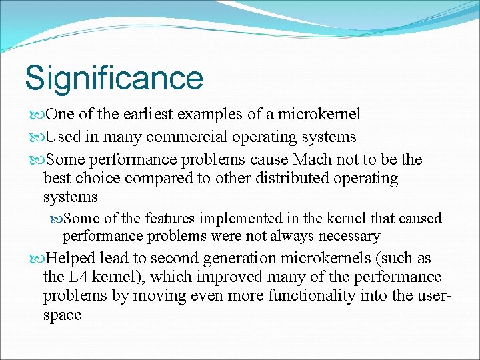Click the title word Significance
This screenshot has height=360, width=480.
pos(114,78)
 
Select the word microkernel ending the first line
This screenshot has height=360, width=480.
pos(321,114)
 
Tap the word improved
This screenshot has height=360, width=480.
pos(263,277)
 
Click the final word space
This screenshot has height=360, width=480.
pos(62,315)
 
